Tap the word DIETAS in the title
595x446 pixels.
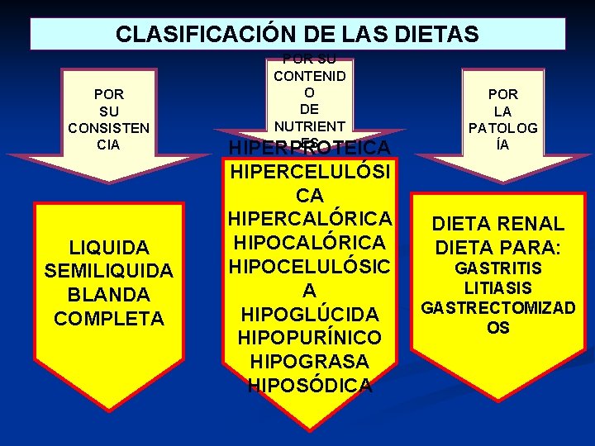(438, 35)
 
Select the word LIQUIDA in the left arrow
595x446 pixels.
(109, 248)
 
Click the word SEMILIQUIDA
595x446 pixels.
(109, 271)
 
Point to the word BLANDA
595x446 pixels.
(109, 295)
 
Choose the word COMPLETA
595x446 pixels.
(109, 318)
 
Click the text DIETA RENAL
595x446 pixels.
(498, 224)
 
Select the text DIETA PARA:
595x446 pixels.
(498, 247)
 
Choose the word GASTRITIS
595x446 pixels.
(498, 268)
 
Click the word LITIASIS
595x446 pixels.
(498, 288)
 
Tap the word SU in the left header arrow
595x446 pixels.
(108, 111)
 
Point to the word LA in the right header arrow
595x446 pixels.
(503, 111)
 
